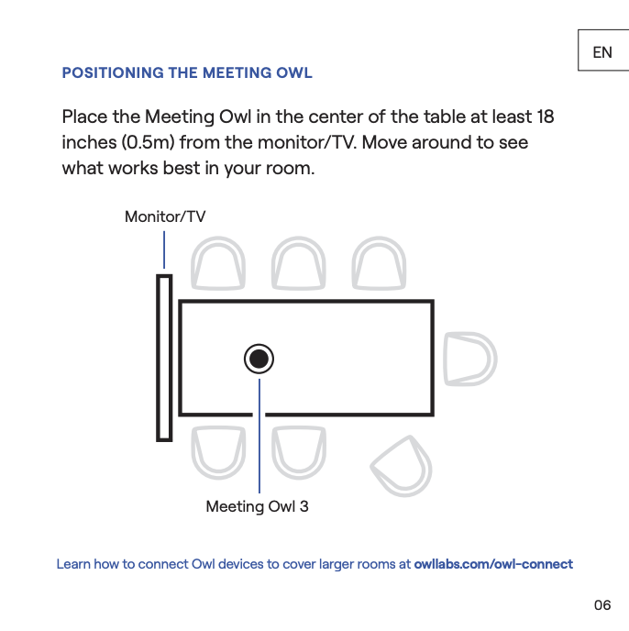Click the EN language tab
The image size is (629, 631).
pyautogui.click(x=602, y=52)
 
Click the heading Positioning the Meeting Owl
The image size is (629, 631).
pyautogui.click(x=187, y=72)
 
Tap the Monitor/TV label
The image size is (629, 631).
pyautogui.click(x=165, y=216)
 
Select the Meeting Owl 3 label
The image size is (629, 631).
pyautogui.click(x=257, y=506)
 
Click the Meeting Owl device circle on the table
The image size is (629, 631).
pyautogui.click(x=259, y=359)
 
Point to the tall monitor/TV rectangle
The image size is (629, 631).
pyautogui.click(x=164, y=357)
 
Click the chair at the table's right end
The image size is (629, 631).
pyautogui.click(x=469, y=359)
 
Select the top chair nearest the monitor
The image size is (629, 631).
pyautogui.click(x=218, y=264)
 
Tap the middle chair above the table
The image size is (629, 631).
pyautogui.click(x=299, y=264)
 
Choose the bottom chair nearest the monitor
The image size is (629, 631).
pyautogui.click(x=218, y=452)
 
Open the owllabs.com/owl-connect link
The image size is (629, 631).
pyautogui.click(x=493, y=564)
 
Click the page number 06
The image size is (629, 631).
pyautogui.click(x=601, y=604)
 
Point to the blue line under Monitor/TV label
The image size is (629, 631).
pyautogui.click(x=164, y=249)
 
